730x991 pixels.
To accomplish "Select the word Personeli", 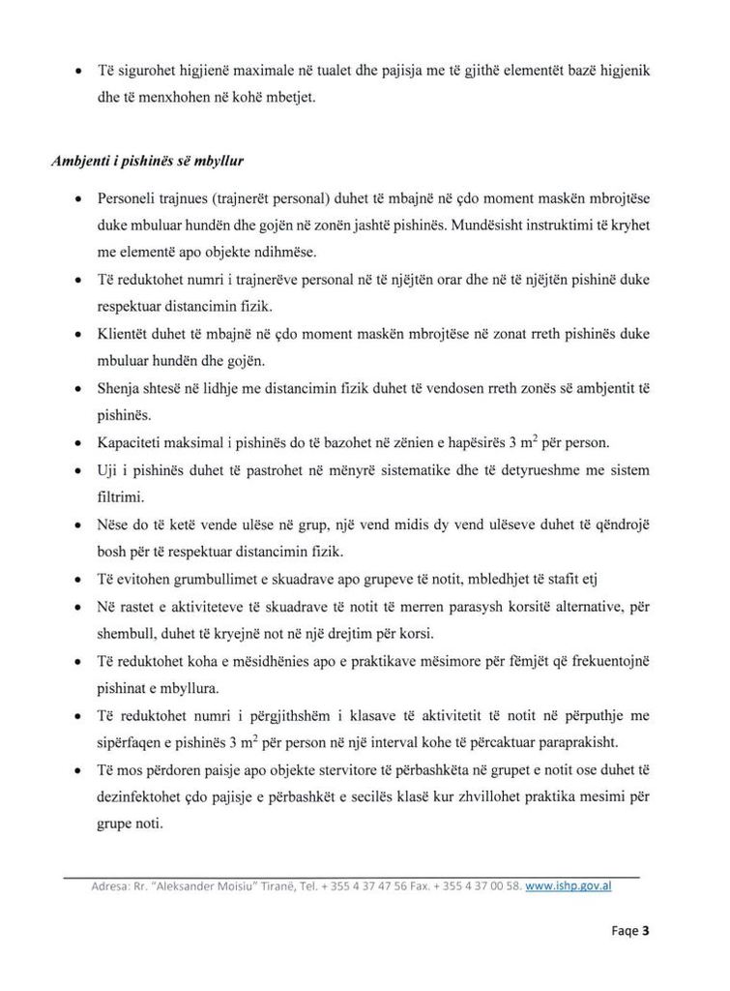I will [x=126, y=197].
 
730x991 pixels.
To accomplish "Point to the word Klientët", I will [x=123, y=333].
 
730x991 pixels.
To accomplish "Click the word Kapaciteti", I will [x=130, y=442].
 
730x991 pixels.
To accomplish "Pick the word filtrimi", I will [x=120, y=497].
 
